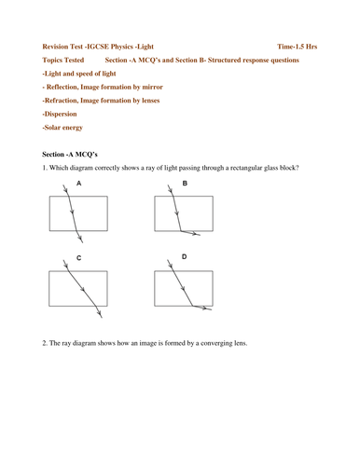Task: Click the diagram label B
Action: coord(185,185)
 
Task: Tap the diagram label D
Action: coord(185,256)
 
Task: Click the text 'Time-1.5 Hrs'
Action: coord(297,45)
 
